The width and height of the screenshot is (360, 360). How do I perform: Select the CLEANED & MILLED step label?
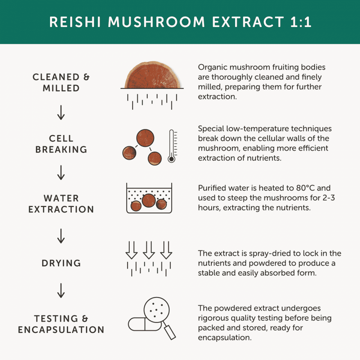(61, 82)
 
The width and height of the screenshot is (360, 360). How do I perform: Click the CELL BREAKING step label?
(61, 144)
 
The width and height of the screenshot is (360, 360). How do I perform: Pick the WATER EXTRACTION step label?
(61, 204)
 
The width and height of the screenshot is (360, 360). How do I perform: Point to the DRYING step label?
(61, 263)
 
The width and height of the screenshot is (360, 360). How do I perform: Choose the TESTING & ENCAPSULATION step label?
(61, 324)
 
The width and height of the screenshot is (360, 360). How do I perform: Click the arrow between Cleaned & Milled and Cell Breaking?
(61, 113)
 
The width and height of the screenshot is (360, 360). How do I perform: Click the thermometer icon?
(172, 146)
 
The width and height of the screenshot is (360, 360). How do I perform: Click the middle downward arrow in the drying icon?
(148, 250)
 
